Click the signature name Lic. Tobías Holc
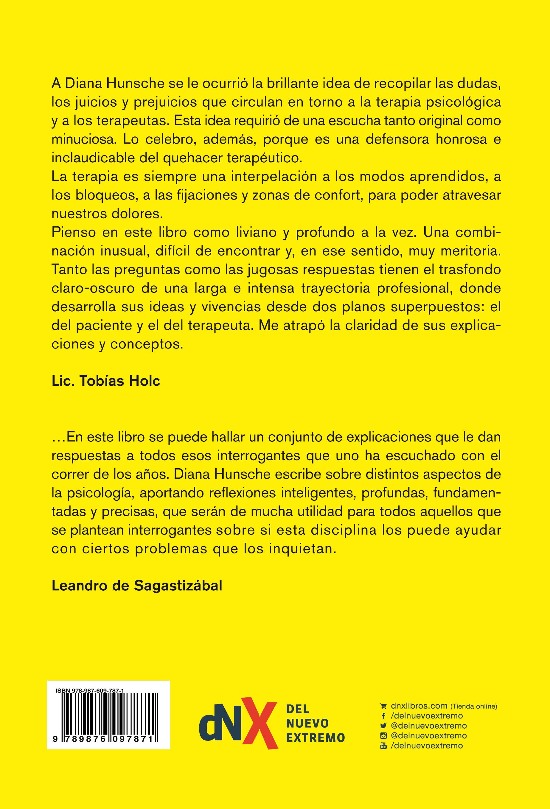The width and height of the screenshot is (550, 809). pos(106,381)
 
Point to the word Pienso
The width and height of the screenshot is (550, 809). pos(69,233)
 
